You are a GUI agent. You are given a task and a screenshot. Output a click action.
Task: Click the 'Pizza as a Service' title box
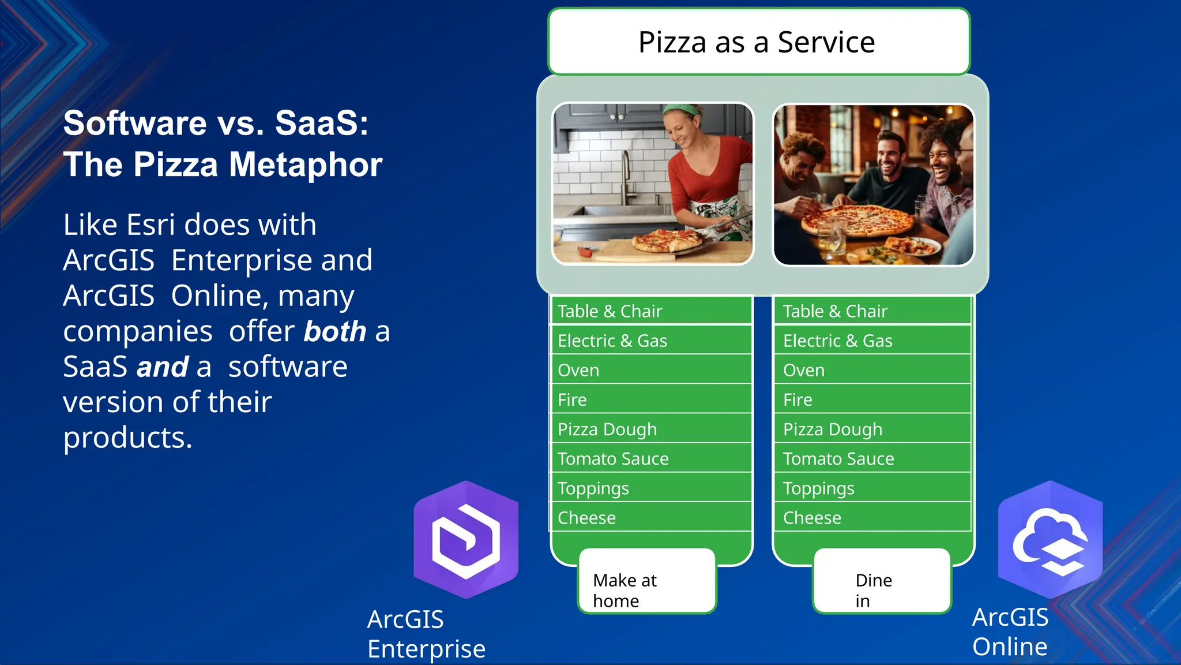(x=758, y=42)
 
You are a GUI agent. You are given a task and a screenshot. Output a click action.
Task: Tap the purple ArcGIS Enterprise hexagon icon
(x=466, y=540)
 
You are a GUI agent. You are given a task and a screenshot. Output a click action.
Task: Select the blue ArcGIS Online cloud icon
(x=1050, y=540)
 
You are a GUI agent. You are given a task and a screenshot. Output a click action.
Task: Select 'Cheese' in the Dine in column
(x=872, y=518)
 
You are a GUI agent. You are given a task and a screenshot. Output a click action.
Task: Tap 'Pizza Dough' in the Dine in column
(x=872, y=429)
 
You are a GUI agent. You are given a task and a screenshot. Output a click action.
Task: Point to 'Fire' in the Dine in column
(x=872, y=399)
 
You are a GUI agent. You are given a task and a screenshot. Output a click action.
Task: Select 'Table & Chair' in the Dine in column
(x=872, y=311)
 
